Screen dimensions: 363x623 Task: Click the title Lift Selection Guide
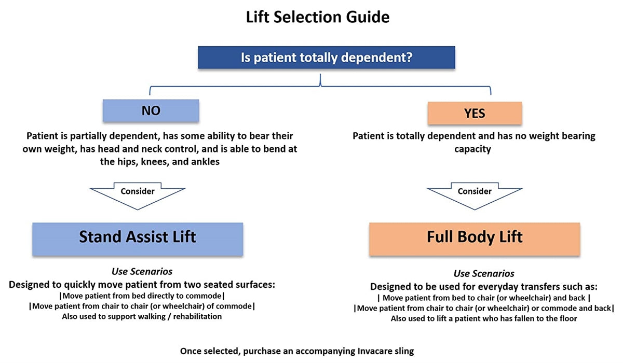point(318,17)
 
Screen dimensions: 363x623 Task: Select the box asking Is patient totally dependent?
point(327,57)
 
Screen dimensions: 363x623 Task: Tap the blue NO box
point(151,111)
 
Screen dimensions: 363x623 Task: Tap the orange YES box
point(475,114)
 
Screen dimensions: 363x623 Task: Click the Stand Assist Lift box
point(138,238)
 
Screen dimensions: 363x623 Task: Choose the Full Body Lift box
point(475,238)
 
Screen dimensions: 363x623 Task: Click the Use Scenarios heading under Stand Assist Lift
point(142,272)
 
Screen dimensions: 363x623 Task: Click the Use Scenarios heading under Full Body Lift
point(484,273)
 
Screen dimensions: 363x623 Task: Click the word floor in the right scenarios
point(566,318)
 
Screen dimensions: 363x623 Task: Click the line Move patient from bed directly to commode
point(142,296)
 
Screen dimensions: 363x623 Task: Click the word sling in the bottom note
point(404,351)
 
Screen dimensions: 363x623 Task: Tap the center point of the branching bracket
point(320,82)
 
